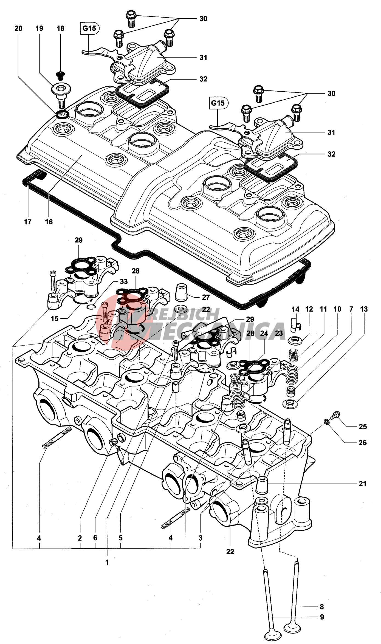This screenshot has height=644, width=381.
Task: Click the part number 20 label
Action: tap(18, 29)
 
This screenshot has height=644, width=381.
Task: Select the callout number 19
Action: tap(39, 29)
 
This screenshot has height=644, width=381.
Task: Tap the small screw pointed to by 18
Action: tap(60, 75)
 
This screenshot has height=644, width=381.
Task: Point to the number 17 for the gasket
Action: tap(28, 222)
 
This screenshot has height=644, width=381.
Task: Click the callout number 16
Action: tap(49, 222)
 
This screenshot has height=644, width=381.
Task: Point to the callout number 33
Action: tap(124, 281)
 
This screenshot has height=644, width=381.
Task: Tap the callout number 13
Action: tap(364, 309)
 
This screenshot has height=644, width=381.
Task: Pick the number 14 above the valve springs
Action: tap(295, 309)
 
